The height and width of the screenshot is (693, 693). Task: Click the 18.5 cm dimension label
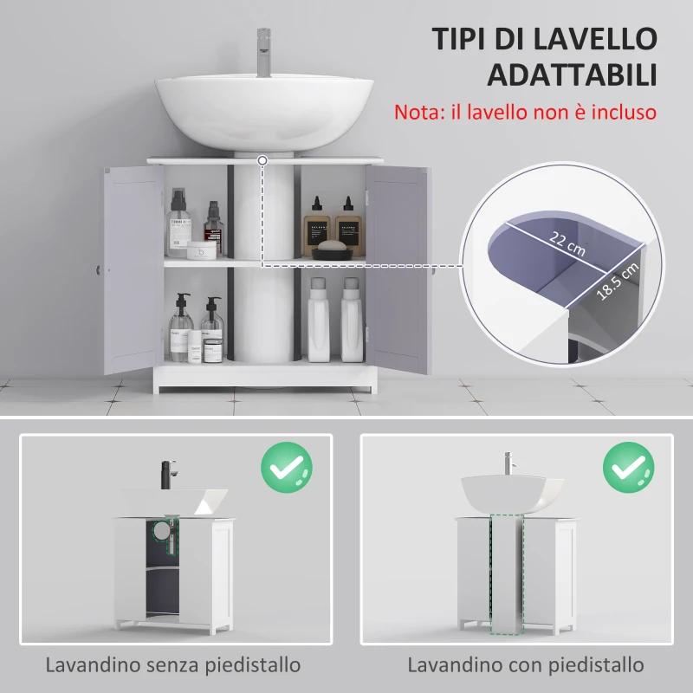619,275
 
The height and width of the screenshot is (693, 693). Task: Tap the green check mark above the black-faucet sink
287,468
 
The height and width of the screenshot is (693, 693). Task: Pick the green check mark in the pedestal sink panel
628,468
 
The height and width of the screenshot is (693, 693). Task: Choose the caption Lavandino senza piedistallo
174,665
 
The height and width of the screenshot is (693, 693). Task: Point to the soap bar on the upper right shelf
330,245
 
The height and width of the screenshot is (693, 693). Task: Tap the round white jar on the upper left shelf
201,250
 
